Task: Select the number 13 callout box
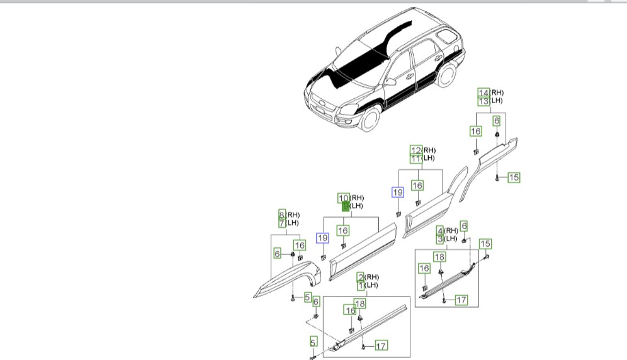tap(483, 101)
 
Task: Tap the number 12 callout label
tap(415, 150)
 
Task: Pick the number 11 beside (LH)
tap(415, 159)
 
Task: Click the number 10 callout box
tap(344, 198)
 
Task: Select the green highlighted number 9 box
tap(345, 206)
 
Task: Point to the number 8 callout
tap(282, 215)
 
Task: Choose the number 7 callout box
tap(282, 223)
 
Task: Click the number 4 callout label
tap(440, 231)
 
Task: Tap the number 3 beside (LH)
tap(440, 239)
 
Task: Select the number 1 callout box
tap(361, 286)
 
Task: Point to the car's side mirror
tap(392, 81)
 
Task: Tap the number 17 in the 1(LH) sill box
tap(381, 346)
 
